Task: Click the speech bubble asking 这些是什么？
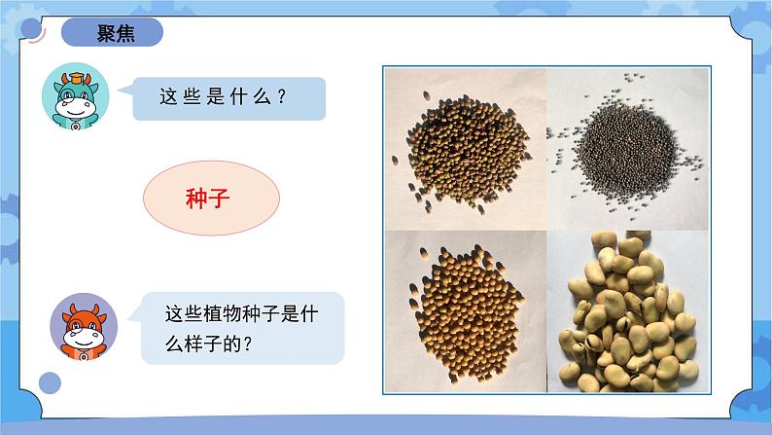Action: [230, 97]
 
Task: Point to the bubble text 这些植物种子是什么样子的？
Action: [237, 328]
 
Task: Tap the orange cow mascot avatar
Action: [84, 326]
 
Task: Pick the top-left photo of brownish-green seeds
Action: [465, 148]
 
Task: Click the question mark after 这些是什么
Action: [282, 97]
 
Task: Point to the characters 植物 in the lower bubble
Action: [223, 314]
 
